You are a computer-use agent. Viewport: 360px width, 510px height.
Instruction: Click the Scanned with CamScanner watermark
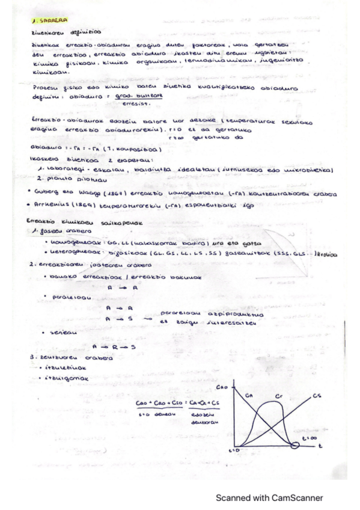point(269,497)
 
